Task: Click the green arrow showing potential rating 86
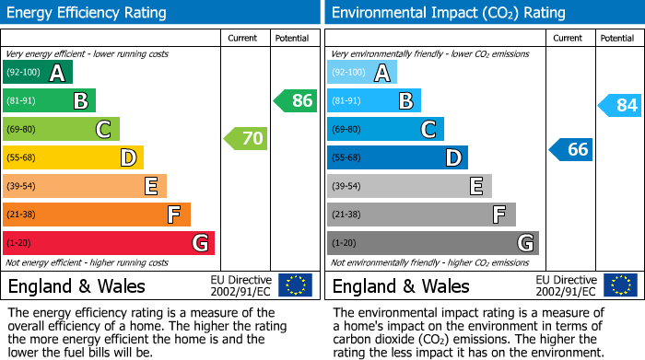click(x=296, y=100)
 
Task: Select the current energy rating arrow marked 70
click(x=246, y=139)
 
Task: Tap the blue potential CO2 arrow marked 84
click(x=620, y=105)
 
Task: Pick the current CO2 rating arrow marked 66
click(x=571, y=149)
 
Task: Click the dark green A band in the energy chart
click(x=38, y=73)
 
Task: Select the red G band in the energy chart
click(x=109, y=243)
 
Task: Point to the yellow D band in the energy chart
click(x=74, y=157)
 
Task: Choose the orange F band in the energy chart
click(x=97, y=215)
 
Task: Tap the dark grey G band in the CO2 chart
click(x=432, y=243)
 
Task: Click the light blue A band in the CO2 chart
click(x=362, y=73)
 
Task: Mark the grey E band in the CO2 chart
click(x=409, y=186)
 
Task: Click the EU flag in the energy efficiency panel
click(x=295, y=285)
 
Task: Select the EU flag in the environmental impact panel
click(x=619, y=285)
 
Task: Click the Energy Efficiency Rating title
click(x=88, y=13)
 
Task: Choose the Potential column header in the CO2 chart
click(x=617, y=38)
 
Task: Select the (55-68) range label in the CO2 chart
click(x=348, y=157)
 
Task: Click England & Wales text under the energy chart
click(x=76, y=285)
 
